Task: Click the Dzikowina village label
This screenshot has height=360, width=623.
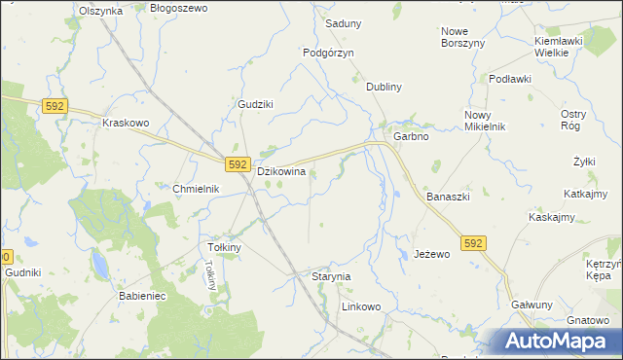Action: [x=281, y=171]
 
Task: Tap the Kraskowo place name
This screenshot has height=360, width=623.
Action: [x=126, y=124]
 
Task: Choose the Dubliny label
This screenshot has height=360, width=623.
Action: [x=384, y=87]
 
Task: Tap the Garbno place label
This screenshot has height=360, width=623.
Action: [x=411, y=137]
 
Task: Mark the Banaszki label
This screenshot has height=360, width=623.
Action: [x=448, y=197]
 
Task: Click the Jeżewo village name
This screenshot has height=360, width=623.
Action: [x=431, y=254]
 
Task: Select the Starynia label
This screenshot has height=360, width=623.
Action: [x=330, y=277]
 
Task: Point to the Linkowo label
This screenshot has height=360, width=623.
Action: [x=360, y=306]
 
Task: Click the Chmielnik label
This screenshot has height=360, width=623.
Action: [x=197, y=189]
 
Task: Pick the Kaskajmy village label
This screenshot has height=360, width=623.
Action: [x=555, y=217]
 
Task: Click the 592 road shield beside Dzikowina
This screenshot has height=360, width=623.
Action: [x=238, y=164]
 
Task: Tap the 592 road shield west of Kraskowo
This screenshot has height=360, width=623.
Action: [x=54, y=106]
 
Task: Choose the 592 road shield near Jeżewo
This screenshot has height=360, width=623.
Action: [x=473, y=241]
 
